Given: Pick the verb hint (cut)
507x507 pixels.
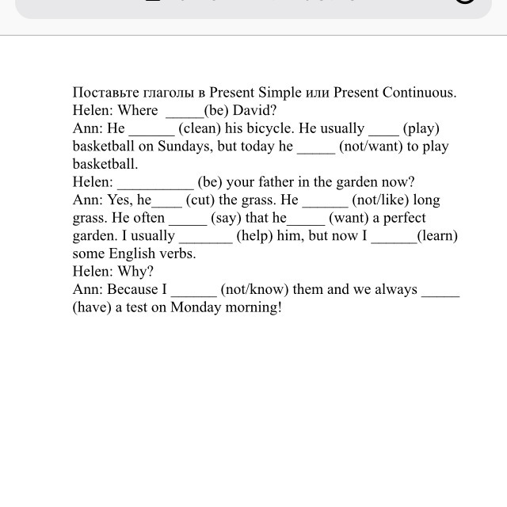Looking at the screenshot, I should (x=200, y=200).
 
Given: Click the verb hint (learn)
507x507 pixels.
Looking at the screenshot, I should (x=438, y=236).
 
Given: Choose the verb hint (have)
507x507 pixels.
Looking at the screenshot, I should (x=93, y=308).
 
